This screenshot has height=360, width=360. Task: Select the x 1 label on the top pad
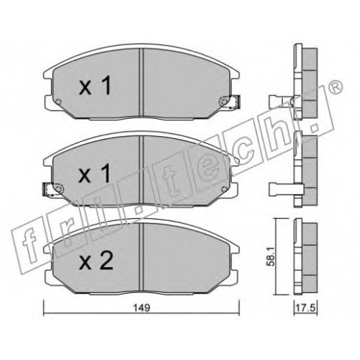click(95, 85)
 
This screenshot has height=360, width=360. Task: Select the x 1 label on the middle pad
click(95, 173)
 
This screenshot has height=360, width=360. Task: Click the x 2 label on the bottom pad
click(96, 261)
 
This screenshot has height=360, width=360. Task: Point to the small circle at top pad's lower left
click(58, 102)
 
